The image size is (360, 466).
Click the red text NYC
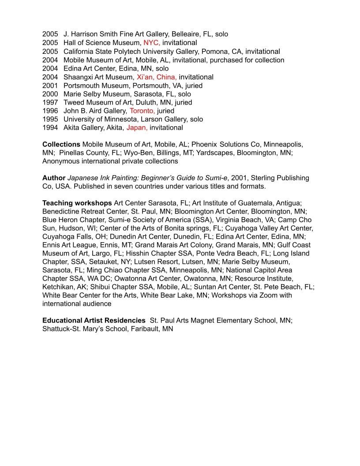coord(152,43)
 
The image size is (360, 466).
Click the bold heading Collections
coord(61,145)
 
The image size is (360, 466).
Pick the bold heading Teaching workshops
coord(77,203)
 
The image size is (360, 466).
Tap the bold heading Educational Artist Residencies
coord(94,321)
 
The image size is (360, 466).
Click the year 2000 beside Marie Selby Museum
coord(50,94)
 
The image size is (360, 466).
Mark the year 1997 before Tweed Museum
coord(50,103)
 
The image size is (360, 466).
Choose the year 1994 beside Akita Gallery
coord(50,128)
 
